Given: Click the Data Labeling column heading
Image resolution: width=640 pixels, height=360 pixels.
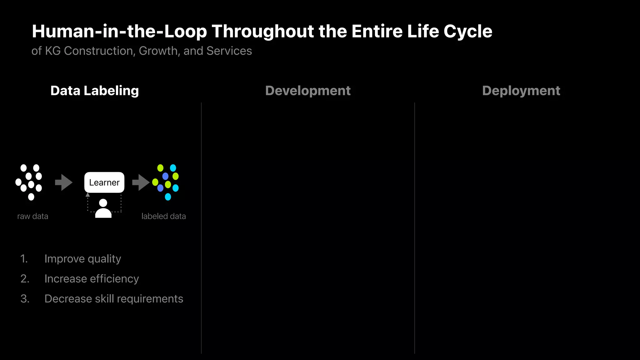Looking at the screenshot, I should (94, 91).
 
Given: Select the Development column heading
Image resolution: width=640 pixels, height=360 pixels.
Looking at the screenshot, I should (308, 91).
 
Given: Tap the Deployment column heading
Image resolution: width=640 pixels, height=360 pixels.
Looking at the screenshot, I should (521, 91).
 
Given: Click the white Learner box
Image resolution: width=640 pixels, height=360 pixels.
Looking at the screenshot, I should (104, 182).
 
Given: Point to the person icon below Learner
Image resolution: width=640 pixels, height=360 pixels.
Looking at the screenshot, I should (103, 208).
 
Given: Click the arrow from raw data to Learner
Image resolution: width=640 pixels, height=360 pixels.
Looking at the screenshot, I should (64, 182).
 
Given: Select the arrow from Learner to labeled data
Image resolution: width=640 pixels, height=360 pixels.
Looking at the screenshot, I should (141, 182).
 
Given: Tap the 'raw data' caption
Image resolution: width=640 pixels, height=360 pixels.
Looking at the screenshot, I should (33, 216).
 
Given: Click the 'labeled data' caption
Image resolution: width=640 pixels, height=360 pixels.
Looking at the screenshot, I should (163, 216).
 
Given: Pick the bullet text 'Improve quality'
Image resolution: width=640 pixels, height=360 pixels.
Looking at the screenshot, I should (82, 259).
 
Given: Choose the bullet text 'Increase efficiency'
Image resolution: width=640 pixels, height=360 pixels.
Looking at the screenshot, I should (92, 279).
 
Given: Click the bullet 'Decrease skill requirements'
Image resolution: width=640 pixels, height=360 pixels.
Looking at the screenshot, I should (114, 299).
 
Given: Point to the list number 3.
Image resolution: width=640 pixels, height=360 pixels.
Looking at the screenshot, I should (25, 299).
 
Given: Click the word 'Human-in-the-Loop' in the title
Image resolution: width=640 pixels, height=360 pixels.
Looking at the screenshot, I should (119, 31).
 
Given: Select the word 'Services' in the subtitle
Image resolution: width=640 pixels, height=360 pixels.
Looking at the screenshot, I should (229, 51).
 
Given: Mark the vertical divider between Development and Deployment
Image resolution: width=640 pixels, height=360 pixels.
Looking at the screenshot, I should (415, 228).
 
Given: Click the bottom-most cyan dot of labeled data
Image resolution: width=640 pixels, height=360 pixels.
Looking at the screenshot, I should (168, 197).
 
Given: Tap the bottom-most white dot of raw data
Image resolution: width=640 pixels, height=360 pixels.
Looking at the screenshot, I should (31, 197).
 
